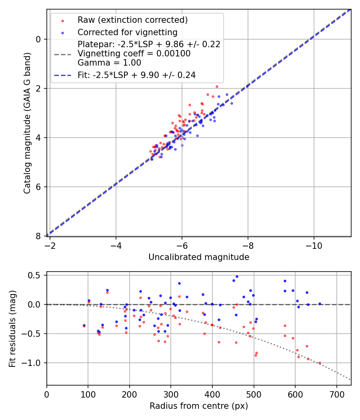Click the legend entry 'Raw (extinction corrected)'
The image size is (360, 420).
point(132,20)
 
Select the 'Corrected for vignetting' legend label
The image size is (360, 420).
point(127,32)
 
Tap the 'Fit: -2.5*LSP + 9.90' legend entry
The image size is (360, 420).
point(136,75)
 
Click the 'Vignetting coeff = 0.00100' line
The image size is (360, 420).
point(134,53)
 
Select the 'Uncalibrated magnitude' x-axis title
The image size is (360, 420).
point(199,257)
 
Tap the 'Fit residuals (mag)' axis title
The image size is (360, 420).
point(12,328)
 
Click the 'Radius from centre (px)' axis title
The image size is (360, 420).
point(199,406)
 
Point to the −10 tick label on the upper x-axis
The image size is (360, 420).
point(314,244)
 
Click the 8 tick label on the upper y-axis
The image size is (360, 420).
point(38,236)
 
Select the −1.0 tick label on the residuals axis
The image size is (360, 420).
point(33,363)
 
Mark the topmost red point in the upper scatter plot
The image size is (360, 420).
point(217,86)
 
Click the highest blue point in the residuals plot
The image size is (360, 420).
point(237,276)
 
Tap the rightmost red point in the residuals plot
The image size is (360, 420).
point(320,363)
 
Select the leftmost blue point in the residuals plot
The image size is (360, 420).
point(84,325)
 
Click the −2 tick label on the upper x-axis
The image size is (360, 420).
point(50,244)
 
